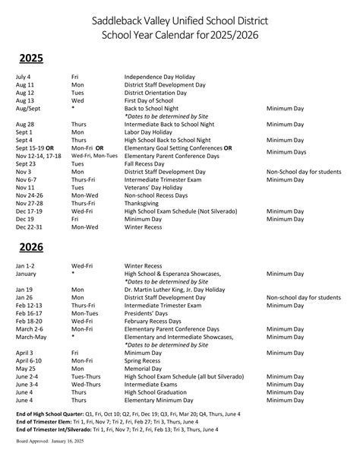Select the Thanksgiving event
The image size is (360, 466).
coord(144,203)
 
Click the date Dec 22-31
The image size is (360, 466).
coord(30,227)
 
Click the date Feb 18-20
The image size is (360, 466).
coord(29,322)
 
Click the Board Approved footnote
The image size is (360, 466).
coord(49,461)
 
